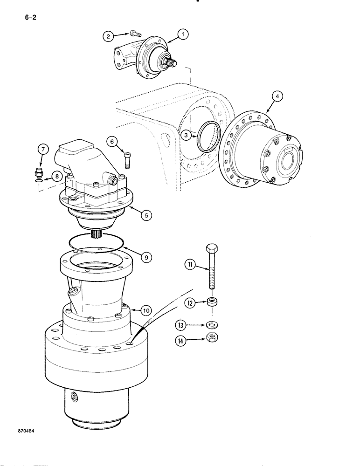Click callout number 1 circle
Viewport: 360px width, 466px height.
pyautogui.click(x=182, y=34)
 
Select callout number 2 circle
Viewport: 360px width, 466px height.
pyautogui.click(x=108, y=35)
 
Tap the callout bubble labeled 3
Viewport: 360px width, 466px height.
pyautogui.click(x=186, y=136)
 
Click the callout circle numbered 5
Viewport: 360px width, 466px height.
pyautogui.click(x=146, y=215)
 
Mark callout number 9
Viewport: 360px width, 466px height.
pyautogui.click(x=146, y=256)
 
